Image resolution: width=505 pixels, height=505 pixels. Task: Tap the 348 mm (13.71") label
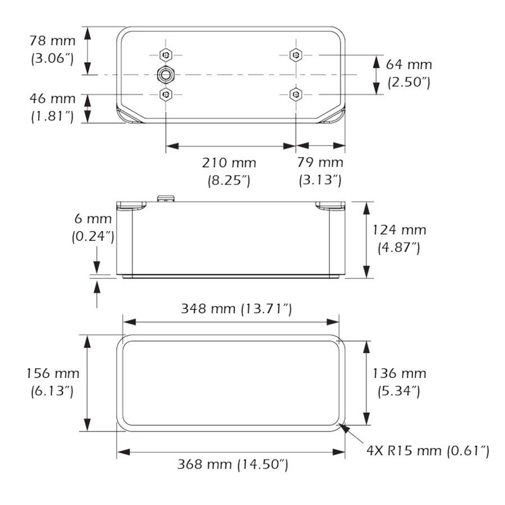[x=236, y=309]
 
